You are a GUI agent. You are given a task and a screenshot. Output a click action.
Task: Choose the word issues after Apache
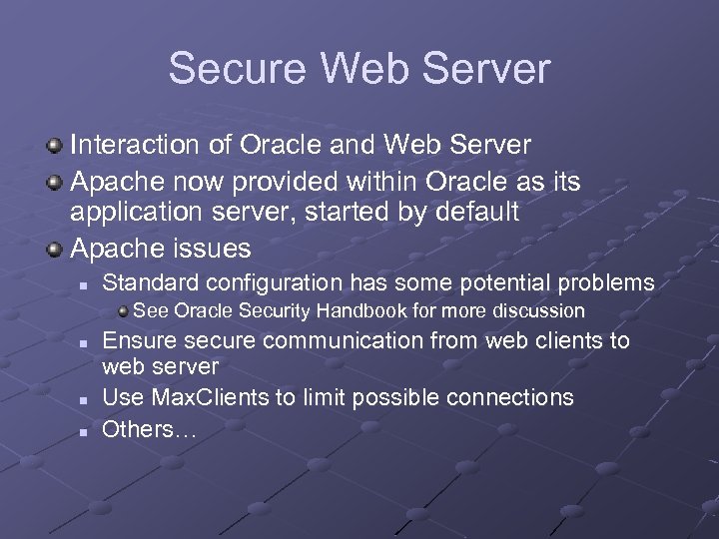click(215, 247)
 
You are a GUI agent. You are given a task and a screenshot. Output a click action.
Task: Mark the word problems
click(607, 283)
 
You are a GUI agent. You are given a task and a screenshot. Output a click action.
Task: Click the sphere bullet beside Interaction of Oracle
click(55, 146)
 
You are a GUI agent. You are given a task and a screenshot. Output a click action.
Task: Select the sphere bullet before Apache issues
click(55, 248)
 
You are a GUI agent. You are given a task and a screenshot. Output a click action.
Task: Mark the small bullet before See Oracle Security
click(123, 311)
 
